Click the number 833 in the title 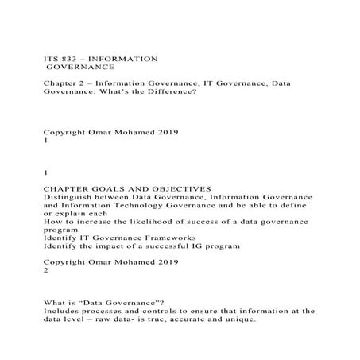[67, 60]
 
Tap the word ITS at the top [49, 60]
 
